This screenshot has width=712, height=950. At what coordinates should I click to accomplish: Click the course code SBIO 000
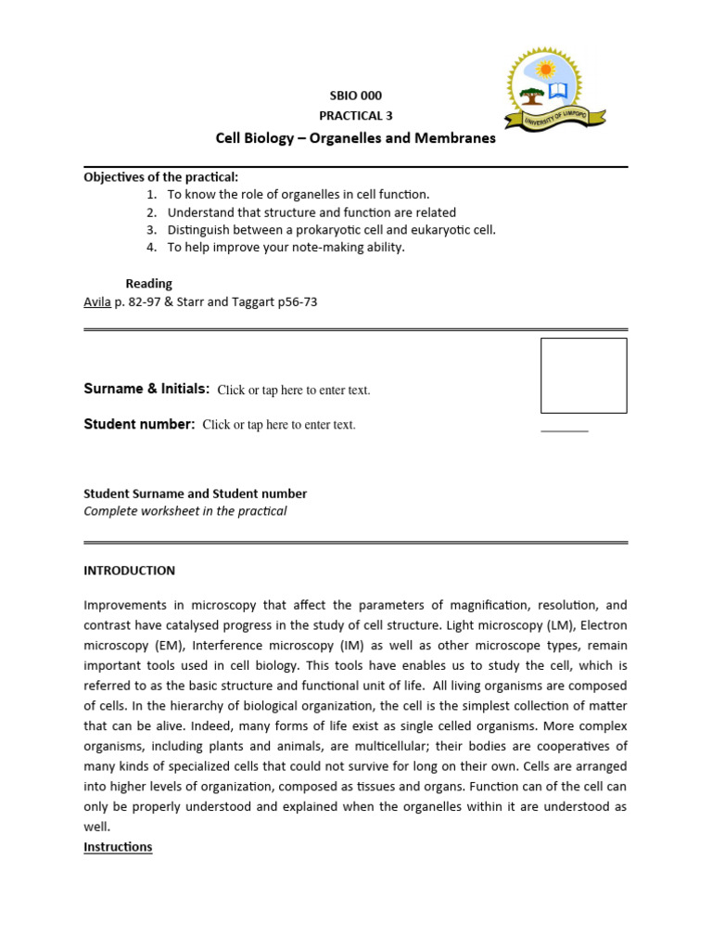(x=356, y=96)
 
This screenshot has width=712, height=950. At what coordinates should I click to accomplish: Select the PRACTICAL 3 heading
(x=356, y=116)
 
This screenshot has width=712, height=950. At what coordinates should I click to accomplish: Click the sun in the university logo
(x=545, y=70)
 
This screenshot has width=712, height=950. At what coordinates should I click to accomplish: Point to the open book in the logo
(x=558, y=92)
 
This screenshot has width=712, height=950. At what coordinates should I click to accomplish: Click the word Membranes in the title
(x=453, y=138)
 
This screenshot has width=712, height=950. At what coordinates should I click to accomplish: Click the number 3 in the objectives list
(x=151, y=230)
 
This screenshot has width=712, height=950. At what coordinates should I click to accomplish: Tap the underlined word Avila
(x=97, y=302)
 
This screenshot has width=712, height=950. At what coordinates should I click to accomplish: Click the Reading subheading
(x=148, y=284)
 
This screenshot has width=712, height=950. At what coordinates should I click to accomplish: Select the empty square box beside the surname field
(x=583, y=375)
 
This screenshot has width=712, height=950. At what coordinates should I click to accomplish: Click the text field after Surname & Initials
(x=293, y=391)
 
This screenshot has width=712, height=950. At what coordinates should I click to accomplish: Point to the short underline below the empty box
(x=564, y=431)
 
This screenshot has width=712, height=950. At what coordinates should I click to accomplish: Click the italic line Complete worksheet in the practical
(x=185, y=511)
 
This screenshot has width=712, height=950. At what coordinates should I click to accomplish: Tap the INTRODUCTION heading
(x=129, y=571)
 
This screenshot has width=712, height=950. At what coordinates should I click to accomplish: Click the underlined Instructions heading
(x=118, y=847)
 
